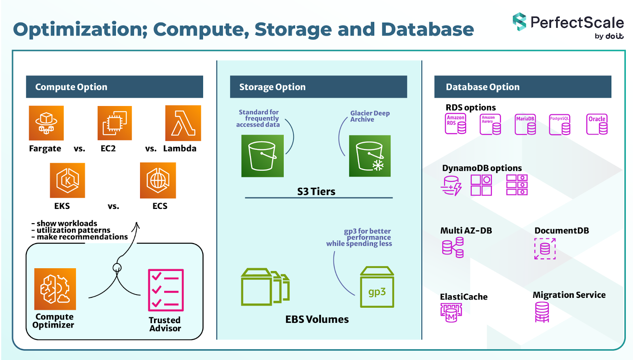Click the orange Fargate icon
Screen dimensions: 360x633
pyautogui.click(x=46, y=123)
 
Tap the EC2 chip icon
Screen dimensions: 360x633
pyautogui.click(x=115, y=123)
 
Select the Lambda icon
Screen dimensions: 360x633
pyautogui.click(x=183, y=123)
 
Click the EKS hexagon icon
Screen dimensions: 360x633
pyautogui.click(x=67, y=180)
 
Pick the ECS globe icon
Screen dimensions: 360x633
pyautogui.click(x=158, y=180)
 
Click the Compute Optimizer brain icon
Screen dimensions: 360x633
pyautogui.click(x=55, y=289)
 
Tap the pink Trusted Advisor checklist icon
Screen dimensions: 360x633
pyautogui.click(x=166, y=290)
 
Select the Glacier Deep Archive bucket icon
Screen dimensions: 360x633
pyautogui.click(x=370, y=156)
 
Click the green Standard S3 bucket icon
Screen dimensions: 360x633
pyautogui.click(x=262, y=156)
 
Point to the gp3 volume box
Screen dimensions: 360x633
pyautogui.click(x=377, y=288)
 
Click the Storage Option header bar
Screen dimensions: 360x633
pyautogui.click(x=318, y=87)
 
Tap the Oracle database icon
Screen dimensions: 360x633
pyautogui.click(x=597, y=124)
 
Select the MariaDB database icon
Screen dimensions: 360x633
pyautogui.click(x=525, y=125)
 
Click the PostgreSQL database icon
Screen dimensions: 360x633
pyautogui.click(x=560, y=125)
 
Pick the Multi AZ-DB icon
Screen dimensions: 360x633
pyautogui.click(x=453, y=248)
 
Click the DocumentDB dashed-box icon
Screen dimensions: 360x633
pyautogui.click(x=545, y=248)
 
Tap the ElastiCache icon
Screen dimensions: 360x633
pyautogui.click(x=451, y=313)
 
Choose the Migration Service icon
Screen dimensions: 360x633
pyautogui.click(x=542, y=312)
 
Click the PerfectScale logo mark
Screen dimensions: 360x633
pyautogui.click(x=519, y=22)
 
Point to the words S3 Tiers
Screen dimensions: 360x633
pyautogui.click(x=316, y=191)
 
